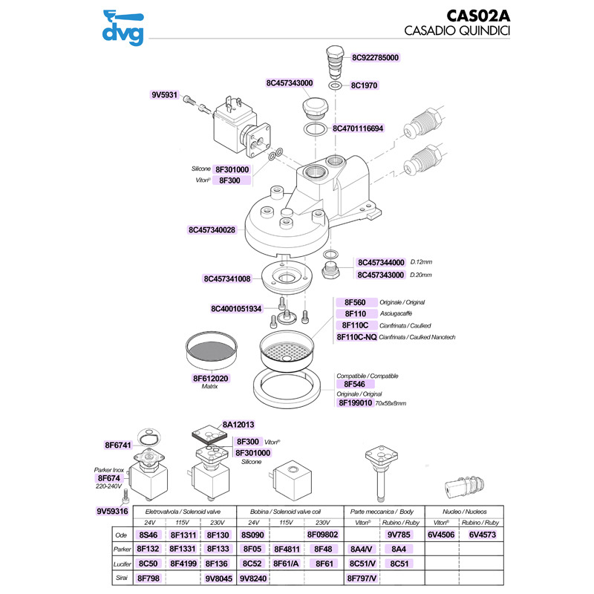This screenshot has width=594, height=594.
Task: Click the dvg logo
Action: pos(123,25)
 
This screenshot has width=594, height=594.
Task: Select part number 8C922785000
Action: pos(375,57)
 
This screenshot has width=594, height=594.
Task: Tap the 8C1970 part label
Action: pos(365,85)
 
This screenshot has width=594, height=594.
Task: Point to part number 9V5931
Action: pos(164,95)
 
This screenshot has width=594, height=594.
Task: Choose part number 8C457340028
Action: pos(212,230)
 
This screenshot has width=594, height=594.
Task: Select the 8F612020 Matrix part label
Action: pos(211,379)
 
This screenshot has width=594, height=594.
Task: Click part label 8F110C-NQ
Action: pos(356,337)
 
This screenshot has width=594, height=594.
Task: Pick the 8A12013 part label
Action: pos(238,425)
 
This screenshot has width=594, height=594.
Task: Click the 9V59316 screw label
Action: pos(113,512)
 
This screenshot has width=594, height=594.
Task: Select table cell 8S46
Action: pos(148,535)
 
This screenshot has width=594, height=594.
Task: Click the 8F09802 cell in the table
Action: pos(322,535)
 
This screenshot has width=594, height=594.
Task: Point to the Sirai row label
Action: pos(117,576)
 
